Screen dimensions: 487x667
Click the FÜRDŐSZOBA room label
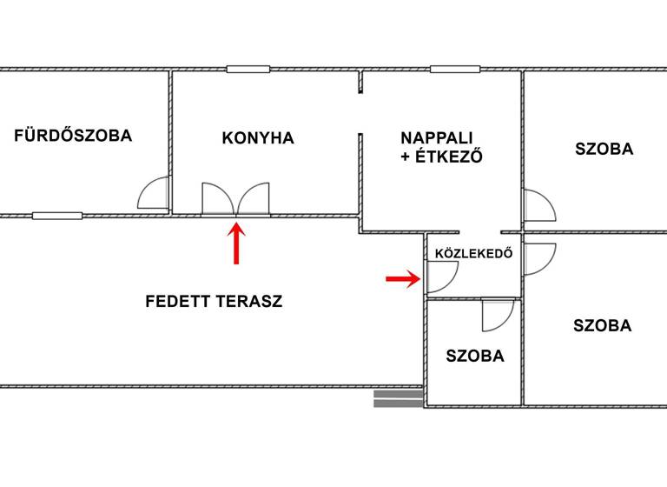click(73, 136)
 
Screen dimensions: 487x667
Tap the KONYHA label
click(258, 138)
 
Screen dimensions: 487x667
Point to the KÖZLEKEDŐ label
click(473, 255)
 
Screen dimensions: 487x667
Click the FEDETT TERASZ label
click(214, 302)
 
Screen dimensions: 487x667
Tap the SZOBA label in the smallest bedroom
click(475, 356)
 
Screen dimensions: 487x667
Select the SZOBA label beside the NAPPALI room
click(604, 149)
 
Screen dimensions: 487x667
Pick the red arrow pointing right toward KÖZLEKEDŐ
click(403, 278)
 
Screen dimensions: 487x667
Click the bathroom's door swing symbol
click(155, 194)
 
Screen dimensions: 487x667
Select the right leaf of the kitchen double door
click(254, 199)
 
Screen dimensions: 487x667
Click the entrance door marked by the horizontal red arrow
click(441, 277)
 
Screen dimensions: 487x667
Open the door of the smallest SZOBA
click(498, 315)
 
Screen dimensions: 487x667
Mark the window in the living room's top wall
click(455, 69)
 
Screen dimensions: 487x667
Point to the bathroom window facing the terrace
click(57, 215)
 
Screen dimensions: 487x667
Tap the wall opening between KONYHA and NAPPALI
click(360, 113)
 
